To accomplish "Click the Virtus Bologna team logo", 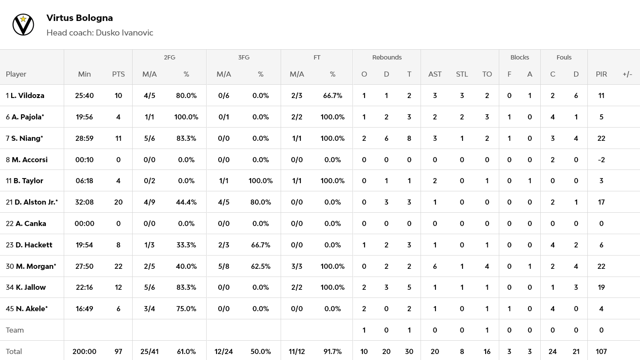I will [23, 25].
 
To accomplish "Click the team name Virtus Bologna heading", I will [80, 18].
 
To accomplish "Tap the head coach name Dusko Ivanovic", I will [124, 33].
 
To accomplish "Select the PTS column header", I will [119, 74].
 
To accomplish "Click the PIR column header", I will [601, 74].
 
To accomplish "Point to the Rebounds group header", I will [387, 57].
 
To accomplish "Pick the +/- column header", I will [627, 74].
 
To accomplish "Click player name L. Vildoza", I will [27, 95].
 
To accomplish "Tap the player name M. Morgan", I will [36, 266].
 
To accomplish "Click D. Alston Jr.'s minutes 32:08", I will [84, 202].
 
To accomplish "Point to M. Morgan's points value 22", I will [119, 266].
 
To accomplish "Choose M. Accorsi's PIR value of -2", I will [601, 160].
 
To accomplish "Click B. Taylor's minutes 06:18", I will [84, 181].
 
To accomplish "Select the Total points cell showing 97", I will [119, 351].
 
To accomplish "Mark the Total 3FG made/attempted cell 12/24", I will [223, 351].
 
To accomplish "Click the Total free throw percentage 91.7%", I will [332, 351].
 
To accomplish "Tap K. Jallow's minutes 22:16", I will [84, 287].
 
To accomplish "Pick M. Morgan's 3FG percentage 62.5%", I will [261, 266].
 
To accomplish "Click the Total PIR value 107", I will [601, 351].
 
